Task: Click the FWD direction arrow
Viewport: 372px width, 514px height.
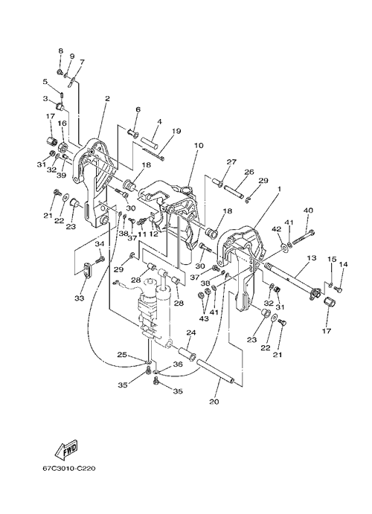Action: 67,449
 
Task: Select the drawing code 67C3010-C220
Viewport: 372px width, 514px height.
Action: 69,469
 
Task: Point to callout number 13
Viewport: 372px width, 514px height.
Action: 312,257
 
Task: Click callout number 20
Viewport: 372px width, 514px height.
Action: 214,402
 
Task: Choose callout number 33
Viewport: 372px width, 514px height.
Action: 80,298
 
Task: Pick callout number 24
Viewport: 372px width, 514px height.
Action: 191,333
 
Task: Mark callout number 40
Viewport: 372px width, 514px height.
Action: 308,210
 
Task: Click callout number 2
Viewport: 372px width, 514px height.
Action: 107,98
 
